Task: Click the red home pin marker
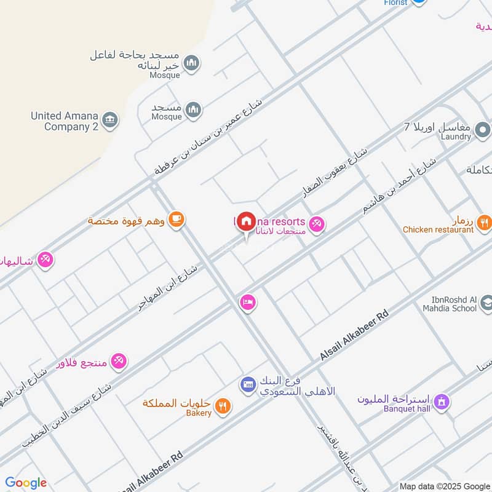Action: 247,221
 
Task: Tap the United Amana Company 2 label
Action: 65,121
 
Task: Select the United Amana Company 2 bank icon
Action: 110,119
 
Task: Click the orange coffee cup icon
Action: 176,219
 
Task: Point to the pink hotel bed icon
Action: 248,302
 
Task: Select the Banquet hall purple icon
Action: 441,402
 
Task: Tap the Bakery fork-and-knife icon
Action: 223,405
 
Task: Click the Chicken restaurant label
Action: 438,230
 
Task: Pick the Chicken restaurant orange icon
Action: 483,222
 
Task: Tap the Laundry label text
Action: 455,137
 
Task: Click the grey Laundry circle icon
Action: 483,130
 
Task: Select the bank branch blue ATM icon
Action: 248,385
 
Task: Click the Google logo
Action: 26,483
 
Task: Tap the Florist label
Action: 395,2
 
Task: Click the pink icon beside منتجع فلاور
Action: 119,360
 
